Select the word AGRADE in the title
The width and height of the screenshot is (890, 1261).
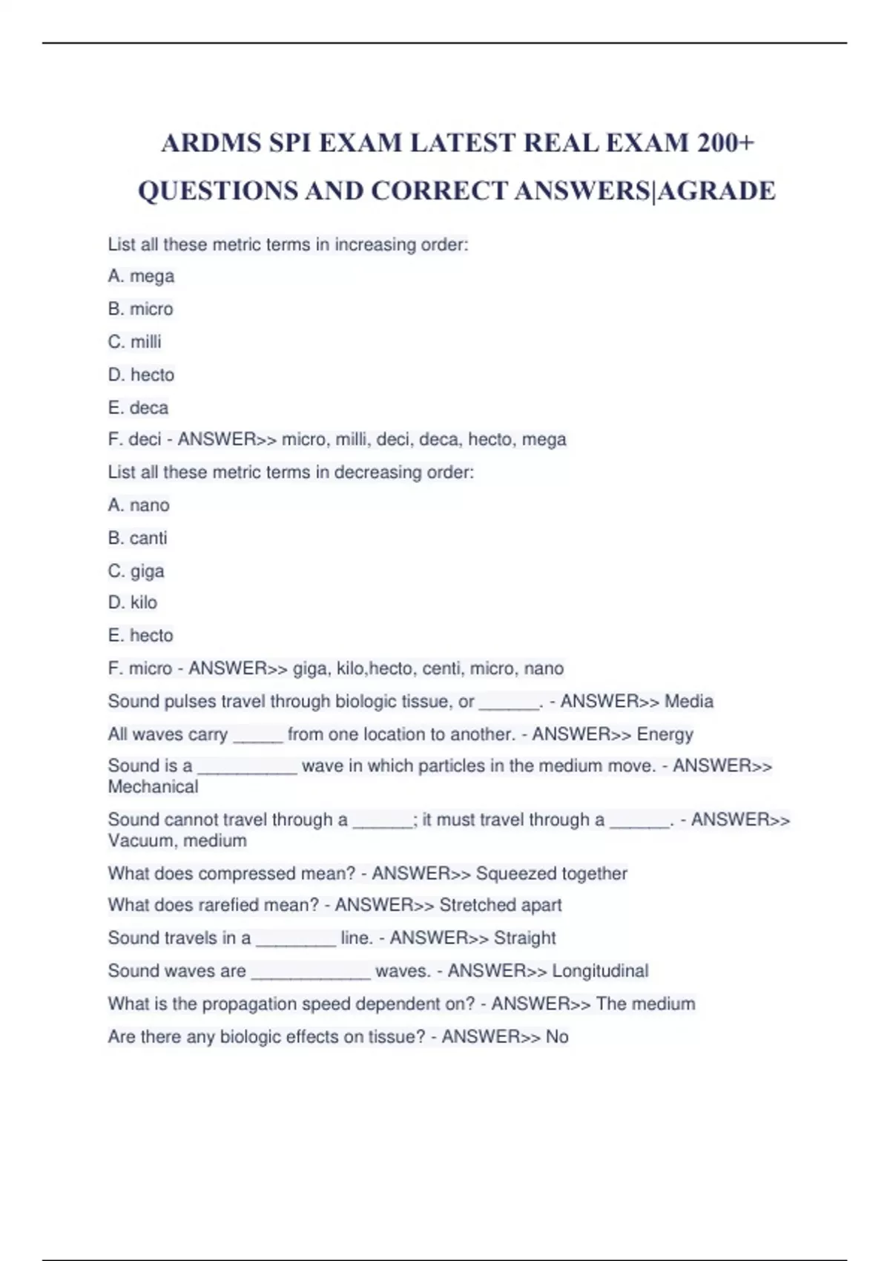coord(717,191)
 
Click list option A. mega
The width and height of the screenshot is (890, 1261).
coord(141,276)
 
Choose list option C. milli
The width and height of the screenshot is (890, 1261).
coord(134,342)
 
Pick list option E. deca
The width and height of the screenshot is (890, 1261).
coord(138,407)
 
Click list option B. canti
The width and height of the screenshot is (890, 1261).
coord(137,538)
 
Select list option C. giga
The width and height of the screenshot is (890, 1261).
coord(136,571)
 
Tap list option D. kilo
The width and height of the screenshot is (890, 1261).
coord(132,602)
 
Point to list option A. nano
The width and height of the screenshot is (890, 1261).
coord(139,505)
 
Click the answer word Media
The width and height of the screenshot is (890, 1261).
coord(688,701)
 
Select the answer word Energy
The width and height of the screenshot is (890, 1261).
coord(665,734)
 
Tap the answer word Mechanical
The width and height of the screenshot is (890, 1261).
coord(153,786)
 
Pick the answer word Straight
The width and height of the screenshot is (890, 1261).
coord(524,938)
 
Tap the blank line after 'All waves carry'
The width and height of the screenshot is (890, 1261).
coord(257,736)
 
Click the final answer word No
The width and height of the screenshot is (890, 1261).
coord(557,1036)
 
